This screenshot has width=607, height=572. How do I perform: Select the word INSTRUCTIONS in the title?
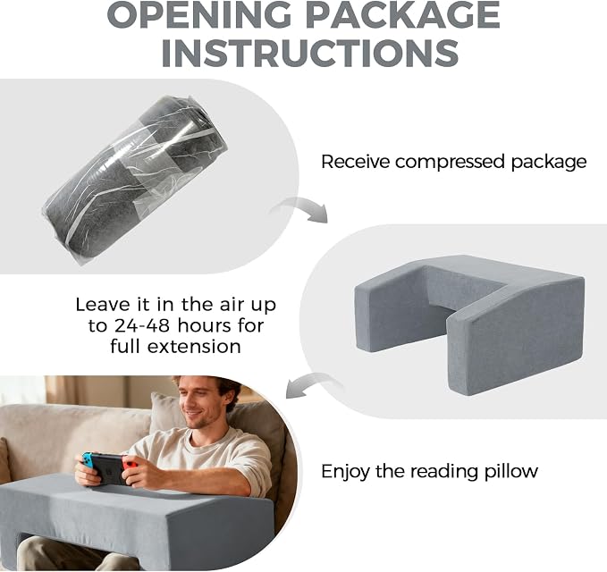[309, 53]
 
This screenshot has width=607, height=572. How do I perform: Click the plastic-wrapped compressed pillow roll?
[135, 180]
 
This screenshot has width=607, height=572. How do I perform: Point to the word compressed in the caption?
[450, 162]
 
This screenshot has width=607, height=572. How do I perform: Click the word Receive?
[355, 161]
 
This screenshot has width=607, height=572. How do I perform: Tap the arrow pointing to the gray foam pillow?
[300, 209]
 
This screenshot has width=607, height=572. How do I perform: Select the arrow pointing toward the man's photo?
[315, 384]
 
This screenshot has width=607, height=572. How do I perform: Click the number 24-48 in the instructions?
[141, 325]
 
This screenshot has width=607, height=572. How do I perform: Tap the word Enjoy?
[345, 472]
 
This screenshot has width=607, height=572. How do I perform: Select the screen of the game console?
[111, 468]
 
